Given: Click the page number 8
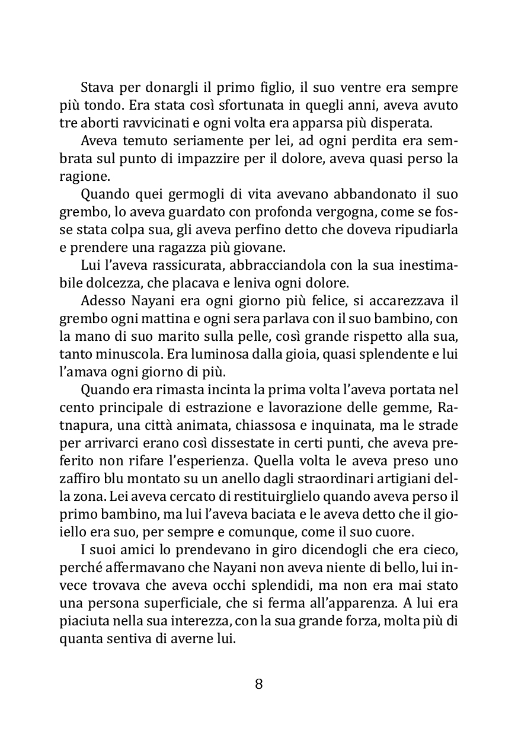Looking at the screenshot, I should tap(258, 684).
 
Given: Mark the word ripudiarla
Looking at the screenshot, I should tap(427, 229).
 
